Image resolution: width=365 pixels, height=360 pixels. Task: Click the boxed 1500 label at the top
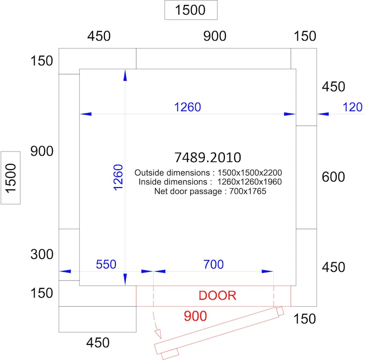click(191, 10)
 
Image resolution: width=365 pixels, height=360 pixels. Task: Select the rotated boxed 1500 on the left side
click(10, 178)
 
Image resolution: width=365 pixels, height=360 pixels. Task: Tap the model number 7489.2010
click(208, 157)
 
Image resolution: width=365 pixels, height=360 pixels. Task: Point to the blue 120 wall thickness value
click(352, 107)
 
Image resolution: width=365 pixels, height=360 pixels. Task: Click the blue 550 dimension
click(106, 264)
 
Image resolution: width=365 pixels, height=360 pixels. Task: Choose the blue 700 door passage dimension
click(214, 264)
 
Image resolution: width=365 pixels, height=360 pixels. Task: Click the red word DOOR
click(218, 296)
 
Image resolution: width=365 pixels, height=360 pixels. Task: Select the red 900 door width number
click(195, 316)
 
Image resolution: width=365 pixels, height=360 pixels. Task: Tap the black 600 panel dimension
click(334, 177)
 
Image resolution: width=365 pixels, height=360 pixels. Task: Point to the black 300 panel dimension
click(42, 254)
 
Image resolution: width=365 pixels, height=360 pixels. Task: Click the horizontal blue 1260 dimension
click(188, 107)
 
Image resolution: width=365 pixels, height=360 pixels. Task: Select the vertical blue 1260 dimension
click(118, 177)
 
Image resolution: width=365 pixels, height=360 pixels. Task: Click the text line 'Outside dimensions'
click(208, 173)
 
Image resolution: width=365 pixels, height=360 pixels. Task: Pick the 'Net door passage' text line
click(210, 191)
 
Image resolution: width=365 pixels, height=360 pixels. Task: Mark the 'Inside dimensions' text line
click(210, 182)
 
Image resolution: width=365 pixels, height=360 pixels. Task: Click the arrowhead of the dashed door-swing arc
click(158, 334)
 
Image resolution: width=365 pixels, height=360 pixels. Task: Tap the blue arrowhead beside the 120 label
click(323, 114)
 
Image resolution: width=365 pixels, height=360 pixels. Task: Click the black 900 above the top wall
click(214, 36)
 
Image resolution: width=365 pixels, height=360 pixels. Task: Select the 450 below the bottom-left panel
click(98, 343)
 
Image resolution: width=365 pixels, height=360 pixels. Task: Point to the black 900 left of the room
click(42, 151)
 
